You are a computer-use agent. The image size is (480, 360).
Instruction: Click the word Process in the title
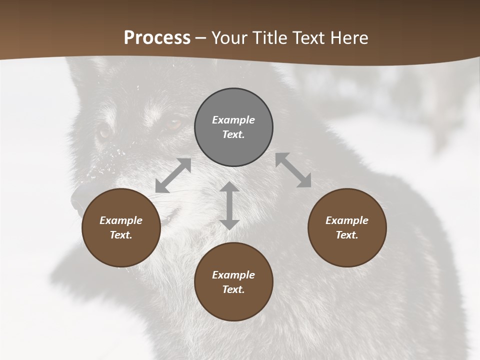pos(157,38)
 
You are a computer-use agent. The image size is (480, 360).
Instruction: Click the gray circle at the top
pos(233,127)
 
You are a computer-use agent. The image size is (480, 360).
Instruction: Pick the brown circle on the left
pos(121,227)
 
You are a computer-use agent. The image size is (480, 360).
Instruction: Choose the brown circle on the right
pos(347,227)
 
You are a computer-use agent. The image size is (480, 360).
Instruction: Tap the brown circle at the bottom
pos(233,282)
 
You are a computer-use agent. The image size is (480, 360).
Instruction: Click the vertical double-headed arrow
pos(229,206)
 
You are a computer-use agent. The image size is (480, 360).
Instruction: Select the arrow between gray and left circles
pos(173,175)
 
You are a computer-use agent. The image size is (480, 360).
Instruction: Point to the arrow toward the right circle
pos(293,170)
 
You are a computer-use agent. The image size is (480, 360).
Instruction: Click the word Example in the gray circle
pos(233,120)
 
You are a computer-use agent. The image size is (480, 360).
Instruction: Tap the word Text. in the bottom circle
pos(233,289)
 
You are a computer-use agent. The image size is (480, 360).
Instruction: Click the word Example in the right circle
pos(347,220)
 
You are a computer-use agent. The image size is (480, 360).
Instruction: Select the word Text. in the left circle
pos(121,235)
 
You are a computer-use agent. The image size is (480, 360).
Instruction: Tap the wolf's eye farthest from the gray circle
pos(104,132)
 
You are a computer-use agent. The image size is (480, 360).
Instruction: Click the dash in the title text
pos(201,38)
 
